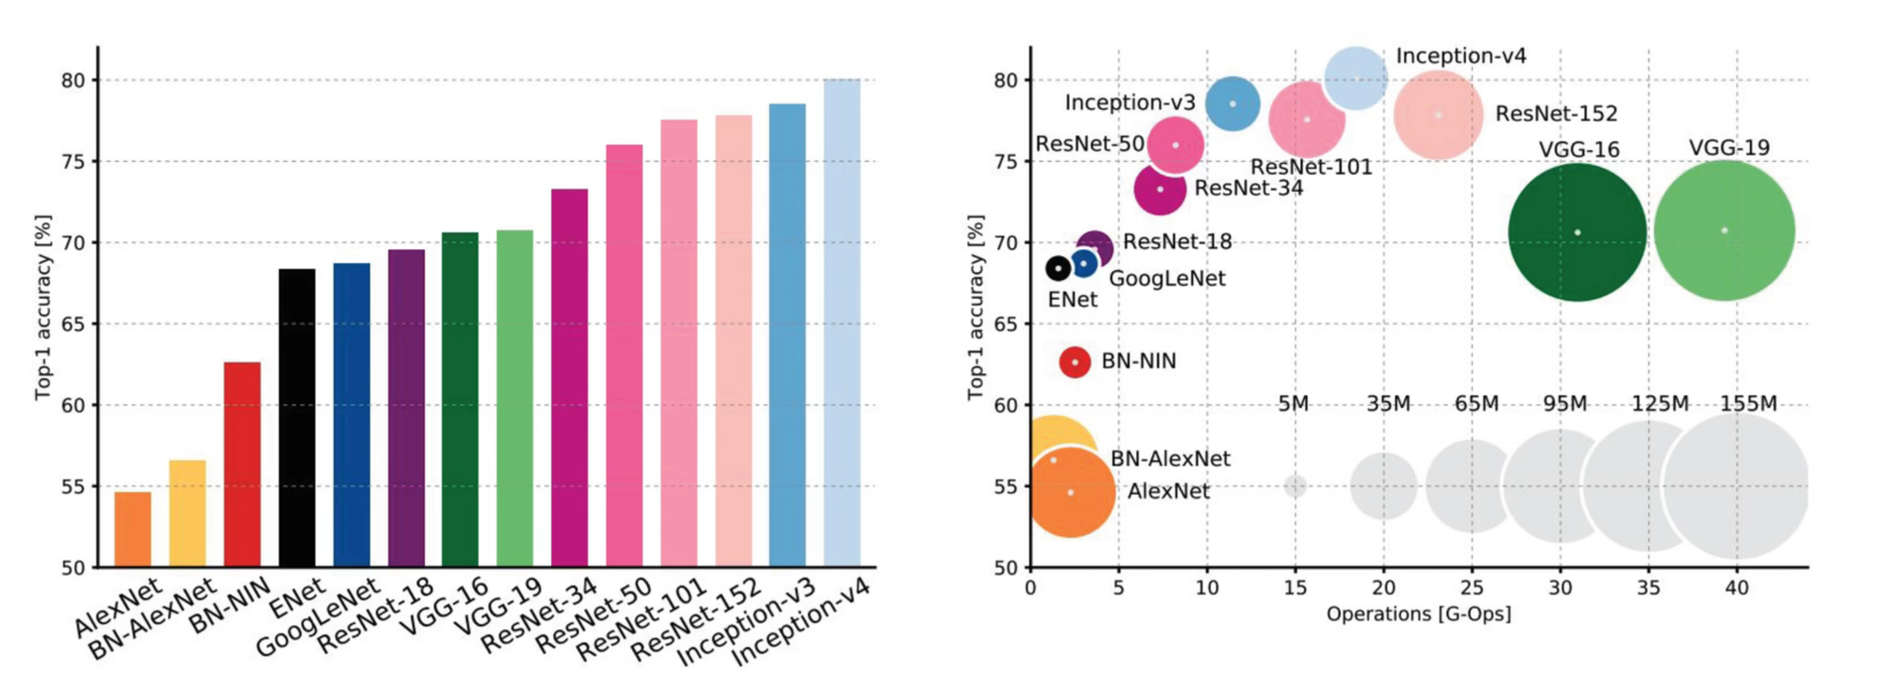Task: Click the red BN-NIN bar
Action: point(242,464)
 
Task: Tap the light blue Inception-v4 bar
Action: point(842,322)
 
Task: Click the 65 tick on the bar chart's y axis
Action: point(73,324)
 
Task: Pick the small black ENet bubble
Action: point(1058,268)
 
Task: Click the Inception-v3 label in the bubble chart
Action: point(1130,102)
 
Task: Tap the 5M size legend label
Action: point(1293,404)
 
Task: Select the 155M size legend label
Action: point(1748,404)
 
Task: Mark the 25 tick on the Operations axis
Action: point(1472,587)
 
